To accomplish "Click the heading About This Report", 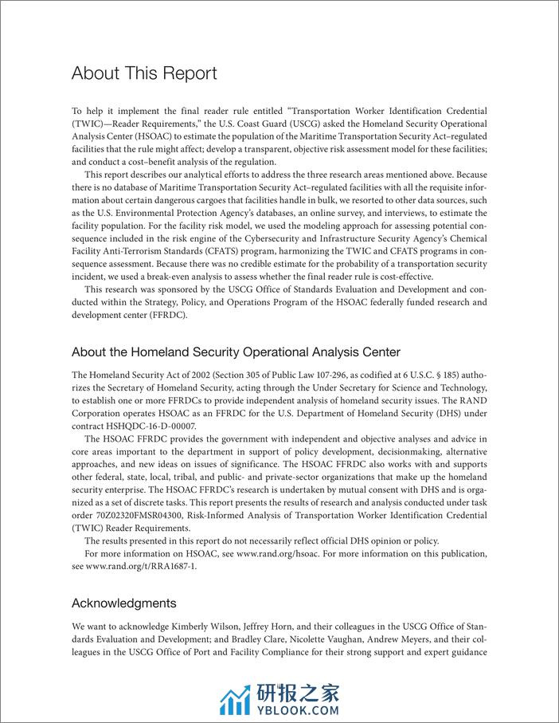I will (144, 73).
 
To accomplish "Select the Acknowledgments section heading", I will (123, 603).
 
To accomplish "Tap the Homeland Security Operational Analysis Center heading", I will (236, 352).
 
